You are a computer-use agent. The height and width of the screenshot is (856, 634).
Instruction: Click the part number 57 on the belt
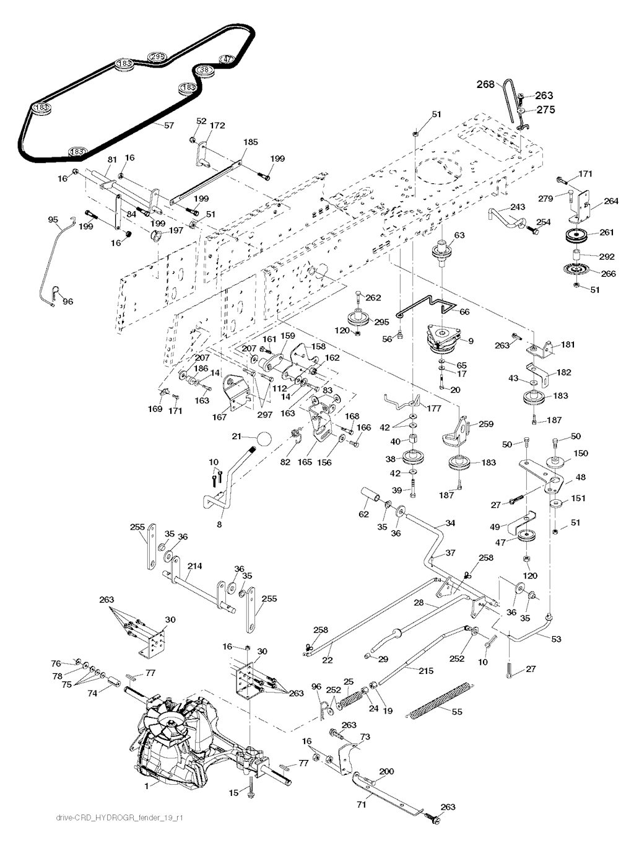(168, 126)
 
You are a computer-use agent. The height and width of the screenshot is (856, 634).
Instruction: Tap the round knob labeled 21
(265, 439)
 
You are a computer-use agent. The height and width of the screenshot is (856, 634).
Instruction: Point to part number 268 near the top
(486, 84)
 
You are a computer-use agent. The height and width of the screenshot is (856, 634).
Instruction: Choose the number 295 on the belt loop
(157, 57)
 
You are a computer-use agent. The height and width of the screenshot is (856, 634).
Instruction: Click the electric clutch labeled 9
(445, 338)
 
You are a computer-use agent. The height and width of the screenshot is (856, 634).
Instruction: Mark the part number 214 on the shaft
(195, 566)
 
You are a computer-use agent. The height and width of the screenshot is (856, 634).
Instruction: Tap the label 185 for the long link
(250, 142)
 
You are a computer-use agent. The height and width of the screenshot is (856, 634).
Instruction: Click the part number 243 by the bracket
(518, 207)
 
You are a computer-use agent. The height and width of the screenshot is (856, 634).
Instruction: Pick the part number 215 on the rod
(427, 671)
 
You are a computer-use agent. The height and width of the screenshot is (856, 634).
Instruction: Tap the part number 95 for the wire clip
(53, 219)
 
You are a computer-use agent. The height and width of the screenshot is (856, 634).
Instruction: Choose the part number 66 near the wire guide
(464, 312)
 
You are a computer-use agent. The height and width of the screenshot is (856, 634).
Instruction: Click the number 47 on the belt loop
(227, 59)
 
